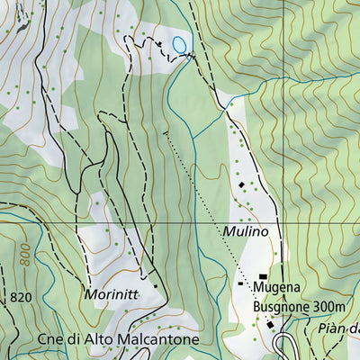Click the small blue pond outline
point(180,44)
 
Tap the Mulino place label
point(246,231)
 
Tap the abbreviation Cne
point(53,339)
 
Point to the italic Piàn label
point(337,328)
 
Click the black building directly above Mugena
point(263,276)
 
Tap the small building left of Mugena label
point(240,283)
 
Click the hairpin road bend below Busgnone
point(285,343)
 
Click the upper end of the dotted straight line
point(165,132)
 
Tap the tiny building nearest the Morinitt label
point(155,286)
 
